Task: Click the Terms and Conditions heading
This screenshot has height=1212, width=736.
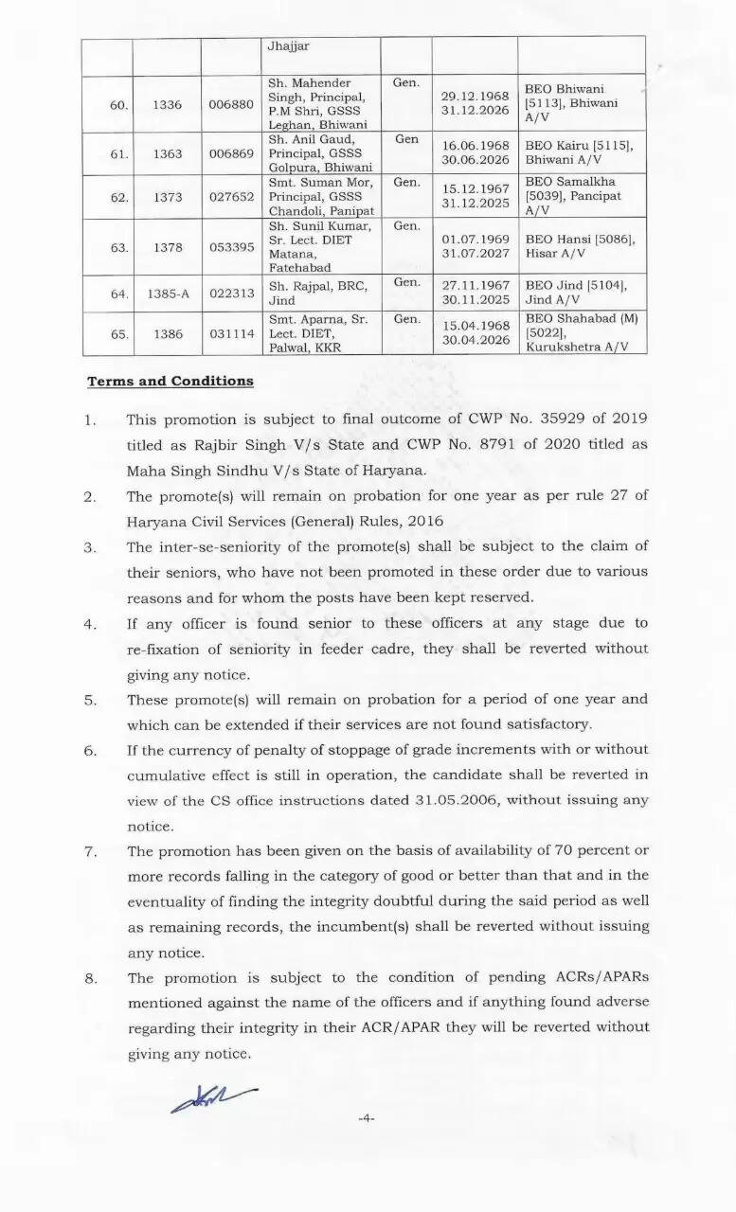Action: (x=171, y=381)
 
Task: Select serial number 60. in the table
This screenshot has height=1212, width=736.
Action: (x=118, y=104)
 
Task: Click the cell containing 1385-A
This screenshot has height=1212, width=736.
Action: (x=168, y=294)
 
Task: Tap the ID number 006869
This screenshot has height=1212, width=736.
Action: (x=231, y=153)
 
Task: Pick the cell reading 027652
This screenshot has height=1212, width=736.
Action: (x=231, y=196)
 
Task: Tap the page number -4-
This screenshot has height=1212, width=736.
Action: (x=367, y=1118)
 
